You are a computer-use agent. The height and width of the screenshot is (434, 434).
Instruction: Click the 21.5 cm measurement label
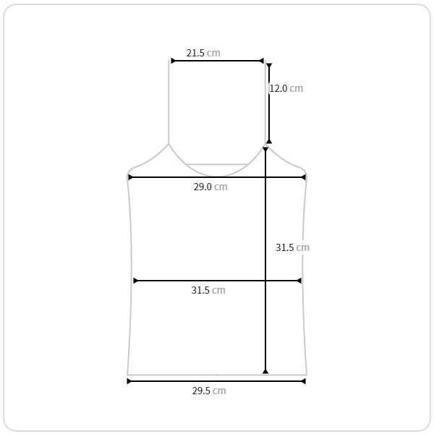tap(203, 53)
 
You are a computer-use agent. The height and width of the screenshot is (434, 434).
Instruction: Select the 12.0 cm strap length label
tap(286, 88)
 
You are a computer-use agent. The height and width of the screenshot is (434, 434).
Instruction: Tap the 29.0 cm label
tap(210, 187)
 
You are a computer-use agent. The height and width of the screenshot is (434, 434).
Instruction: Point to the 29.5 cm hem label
tap(209, 391)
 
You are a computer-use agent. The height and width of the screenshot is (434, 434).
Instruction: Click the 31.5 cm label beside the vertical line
tap(292, 247)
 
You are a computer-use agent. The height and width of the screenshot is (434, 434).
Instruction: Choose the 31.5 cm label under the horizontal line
tap(208, 290)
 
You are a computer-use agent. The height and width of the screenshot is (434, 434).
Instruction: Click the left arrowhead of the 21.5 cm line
tap(173, 61)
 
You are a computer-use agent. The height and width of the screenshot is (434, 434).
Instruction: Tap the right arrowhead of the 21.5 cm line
tap(261, 61)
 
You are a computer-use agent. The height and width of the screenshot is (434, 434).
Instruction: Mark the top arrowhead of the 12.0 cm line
tap(269, 66)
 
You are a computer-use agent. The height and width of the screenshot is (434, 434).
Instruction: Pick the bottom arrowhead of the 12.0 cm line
tap(269, 141)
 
